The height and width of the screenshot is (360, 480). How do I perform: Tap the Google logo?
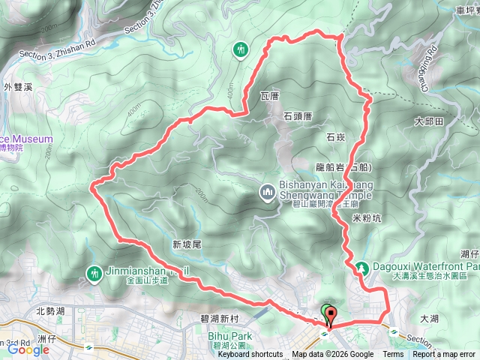pos(28,349)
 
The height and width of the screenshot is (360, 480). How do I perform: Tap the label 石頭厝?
pos(298,116)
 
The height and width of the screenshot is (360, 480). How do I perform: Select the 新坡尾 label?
pos(187,244)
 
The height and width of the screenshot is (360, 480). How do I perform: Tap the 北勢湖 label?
pos(50,310)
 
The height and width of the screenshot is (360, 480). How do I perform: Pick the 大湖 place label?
pos(429,319)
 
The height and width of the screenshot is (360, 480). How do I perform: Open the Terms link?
pos(392,355)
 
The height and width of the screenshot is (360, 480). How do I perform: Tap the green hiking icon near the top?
pos(240,49)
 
